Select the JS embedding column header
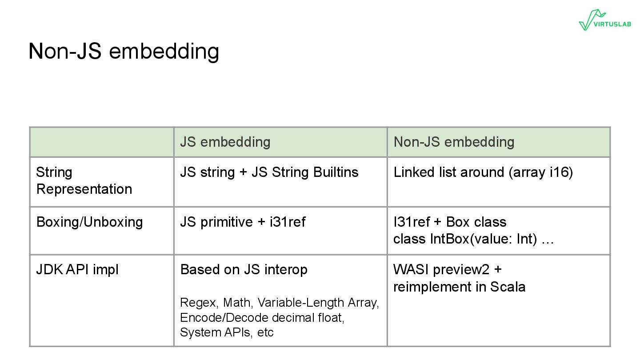point(225,142)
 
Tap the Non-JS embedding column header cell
point(454,142)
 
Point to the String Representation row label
point(84,180)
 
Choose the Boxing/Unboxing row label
point(89,222)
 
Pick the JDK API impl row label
point(77,269)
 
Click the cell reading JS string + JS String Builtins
point(269,172)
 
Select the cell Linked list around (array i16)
point(483,172)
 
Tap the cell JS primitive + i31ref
point(243,222)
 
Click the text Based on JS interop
point(244,269)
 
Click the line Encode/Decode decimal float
point(262,317)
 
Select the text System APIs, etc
point(227,332)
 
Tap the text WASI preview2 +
point(447,269)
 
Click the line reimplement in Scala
point(459,287)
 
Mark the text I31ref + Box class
point(450,222)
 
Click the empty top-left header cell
point(102,142)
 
